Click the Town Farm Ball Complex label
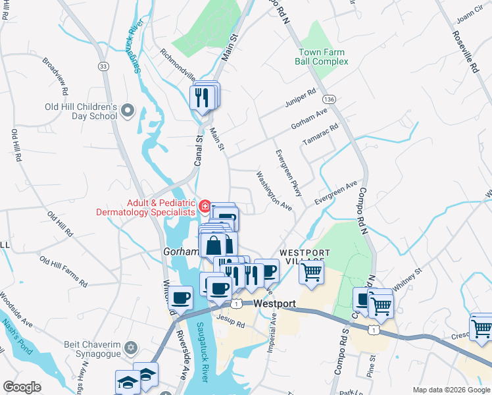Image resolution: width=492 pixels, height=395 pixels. pos(323,57)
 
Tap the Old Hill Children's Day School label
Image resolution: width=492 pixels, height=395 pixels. pos(80,111)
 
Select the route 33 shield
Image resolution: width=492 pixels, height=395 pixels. pos(103,66)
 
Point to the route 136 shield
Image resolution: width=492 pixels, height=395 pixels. pos(329,99)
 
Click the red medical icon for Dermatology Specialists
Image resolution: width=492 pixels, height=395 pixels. pos(205,207)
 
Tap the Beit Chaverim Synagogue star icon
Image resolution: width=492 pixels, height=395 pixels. pos(130,347)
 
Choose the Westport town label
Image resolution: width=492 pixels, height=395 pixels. pos(274,305)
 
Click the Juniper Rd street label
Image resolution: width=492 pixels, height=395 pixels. pos(301,98)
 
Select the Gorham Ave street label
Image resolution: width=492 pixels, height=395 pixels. pos(308,119)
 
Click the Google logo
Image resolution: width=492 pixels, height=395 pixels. pos(22,386)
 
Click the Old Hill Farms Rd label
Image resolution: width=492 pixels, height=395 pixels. pos(63,271)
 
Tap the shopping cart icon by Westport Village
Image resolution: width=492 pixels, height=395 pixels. pos(311,271)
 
